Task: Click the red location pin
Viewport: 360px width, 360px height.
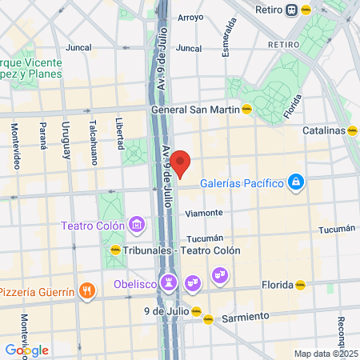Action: coord(181,163)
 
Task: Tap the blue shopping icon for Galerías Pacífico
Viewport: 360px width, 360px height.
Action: coord(297,182)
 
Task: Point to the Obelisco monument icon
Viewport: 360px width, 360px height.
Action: coord(170,282)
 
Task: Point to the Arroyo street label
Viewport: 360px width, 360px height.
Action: coord(190,17)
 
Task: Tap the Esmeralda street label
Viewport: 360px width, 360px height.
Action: coord(230,38)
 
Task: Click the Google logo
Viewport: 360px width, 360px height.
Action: coord(26,350)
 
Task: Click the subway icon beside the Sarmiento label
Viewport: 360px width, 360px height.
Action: coord(208,318)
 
